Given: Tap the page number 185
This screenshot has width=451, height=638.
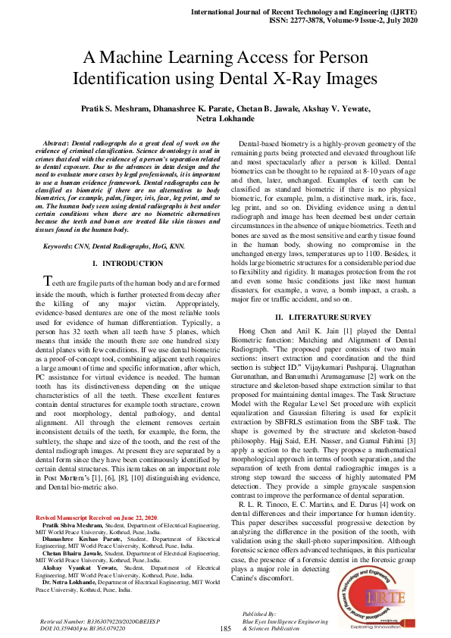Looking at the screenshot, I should tap(225, 629).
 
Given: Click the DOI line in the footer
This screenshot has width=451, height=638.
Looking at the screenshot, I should tap(84, 628).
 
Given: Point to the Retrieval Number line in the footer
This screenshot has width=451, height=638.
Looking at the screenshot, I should tap(100, 621).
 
